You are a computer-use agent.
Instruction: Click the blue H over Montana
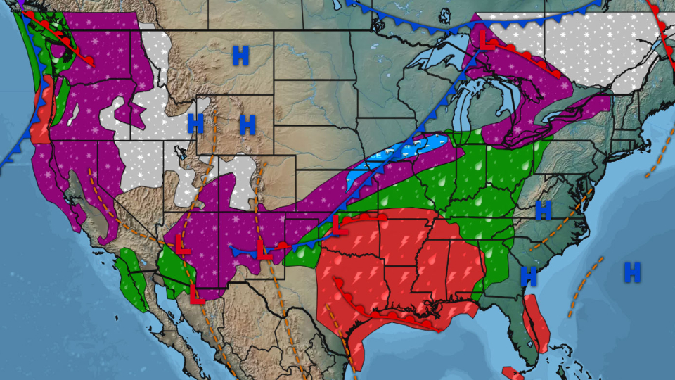pos(240,56)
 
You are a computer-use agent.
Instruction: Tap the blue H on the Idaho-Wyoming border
pos(195,124)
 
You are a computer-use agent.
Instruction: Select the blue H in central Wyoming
pos(247,125)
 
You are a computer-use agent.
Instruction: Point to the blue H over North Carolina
pos(543,210)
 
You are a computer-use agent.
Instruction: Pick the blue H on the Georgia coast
pos(528,276)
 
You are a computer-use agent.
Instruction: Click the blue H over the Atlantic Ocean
pos(632,272)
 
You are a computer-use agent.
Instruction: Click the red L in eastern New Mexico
pos(264,251)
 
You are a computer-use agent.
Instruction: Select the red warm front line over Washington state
pos(70,46)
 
